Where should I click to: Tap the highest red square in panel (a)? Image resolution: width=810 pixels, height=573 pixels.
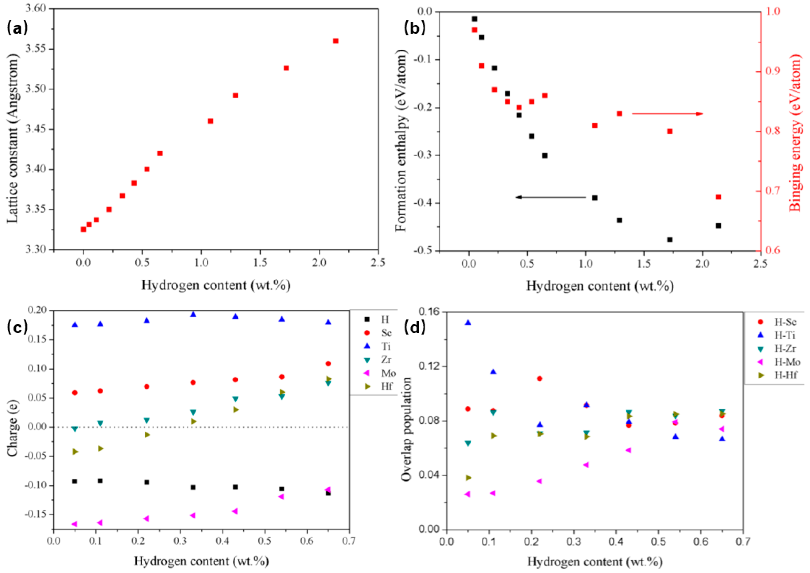[336, 41]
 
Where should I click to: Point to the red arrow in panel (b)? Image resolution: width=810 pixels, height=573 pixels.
[667, 114]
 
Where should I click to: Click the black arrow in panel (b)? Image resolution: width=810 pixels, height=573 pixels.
[551, 197]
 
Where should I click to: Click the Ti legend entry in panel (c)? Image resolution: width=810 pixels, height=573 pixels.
[379, 346]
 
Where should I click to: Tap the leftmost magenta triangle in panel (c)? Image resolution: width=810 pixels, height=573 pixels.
[74, 524]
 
